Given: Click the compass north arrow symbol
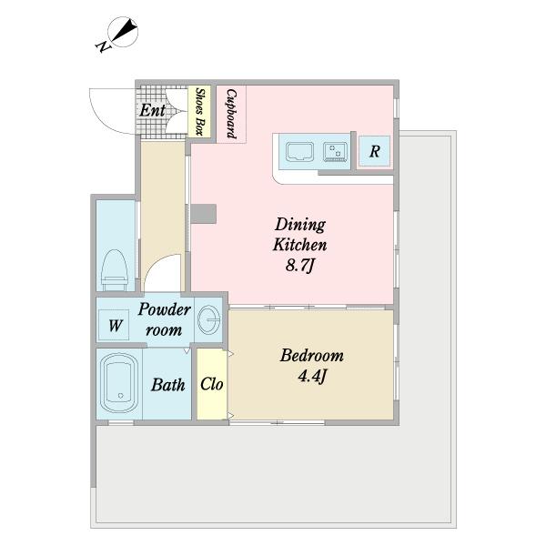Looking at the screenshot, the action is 123,32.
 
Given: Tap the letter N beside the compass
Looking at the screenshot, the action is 102,46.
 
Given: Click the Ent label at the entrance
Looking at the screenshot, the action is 153,111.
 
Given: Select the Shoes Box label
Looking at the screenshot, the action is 199,111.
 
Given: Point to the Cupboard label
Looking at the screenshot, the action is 231,114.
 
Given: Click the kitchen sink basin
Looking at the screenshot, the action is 299,152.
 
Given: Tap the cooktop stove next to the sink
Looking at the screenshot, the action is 335,152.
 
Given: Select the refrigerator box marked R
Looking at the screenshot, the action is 374,151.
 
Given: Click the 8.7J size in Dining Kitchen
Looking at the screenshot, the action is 300,266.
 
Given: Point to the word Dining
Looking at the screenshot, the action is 300,225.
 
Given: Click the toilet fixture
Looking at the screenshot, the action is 115,270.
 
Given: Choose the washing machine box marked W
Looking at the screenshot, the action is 114,325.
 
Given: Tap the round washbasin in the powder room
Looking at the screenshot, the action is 209,319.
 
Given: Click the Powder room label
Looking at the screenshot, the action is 165,319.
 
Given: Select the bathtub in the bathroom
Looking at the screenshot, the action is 119,383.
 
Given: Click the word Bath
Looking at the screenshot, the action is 167,385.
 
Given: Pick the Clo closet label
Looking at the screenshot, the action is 212,384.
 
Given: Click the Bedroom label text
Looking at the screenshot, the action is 312,356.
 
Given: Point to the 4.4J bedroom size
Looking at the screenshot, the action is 312,376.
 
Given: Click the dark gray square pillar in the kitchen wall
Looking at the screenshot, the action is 204,214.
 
